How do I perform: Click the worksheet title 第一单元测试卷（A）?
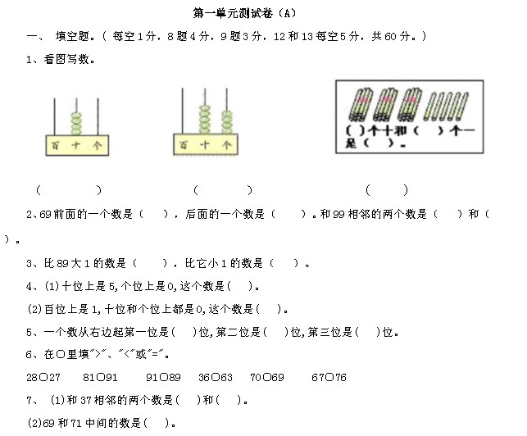(245, 13)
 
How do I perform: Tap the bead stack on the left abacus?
(76, 124)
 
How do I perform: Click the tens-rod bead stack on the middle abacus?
(205, 120)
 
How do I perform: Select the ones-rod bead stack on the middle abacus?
(227, 122)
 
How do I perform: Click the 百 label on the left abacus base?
(55, 146)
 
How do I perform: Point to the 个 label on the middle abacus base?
(226, 145)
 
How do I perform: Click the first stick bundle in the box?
(361, 105)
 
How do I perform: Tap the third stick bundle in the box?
(410, 105)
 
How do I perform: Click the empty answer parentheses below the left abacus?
(69, 190)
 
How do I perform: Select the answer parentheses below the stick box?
(387, 190)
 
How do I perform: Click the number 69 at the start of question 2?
(45, 214)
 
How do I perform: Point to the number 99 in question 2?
(338, 214)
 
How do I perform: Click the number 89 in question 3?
(63, 263)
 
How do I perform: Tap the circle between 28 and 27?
(43, 377)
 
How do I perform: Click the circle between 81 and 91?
(100, 377)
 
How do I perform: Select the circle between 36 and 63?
(216, 377)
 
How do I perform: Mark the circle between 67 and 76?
(329, 377)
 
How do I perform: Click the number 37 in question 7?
(86, 400)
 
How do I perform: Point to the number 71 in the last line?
(76, 423)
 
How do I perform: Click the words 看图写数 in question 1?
(66, 60)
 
